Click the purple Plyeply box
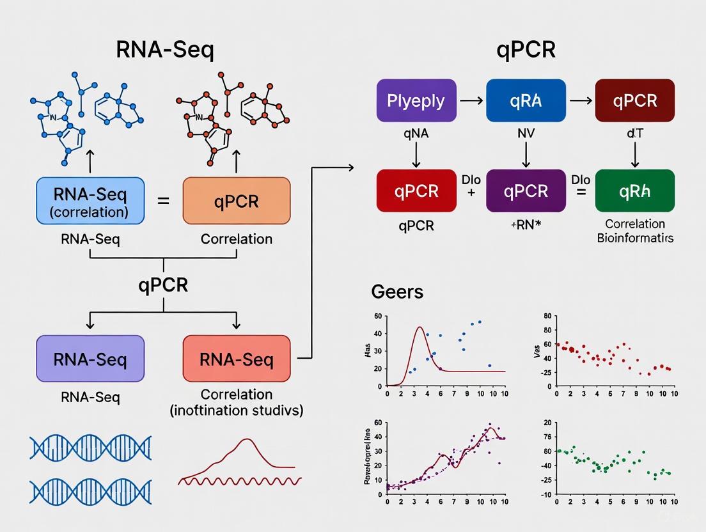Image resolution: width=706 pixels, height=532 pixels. (416, 100)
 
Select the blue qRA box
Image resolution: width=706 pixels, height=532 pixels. (526, 100)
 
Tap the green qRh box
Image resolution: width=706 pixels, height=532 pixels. (634, 191)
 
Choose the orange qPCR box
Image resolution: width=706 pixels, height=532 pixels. (237, 200)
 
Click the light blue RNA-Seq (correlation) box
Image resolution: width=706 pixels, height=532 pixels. (90, 200)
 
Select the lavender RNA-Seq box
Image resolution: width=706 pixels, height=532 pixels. (90, 359)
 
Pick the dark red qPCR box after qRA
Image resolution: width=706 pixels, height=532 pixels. (634, 100)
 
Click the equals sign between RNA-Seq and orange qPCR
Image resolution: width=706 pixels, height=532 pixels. (164, 201)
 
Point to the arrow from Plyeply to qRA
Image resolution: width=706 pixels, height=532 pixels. (472, 100)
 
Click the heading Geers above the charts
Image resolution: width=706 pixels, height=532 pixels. (397, 292)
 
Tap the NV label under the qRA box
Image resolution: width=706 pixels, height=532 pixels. (525, 135)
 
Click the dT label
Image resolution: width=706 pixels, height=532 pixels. (634, 135)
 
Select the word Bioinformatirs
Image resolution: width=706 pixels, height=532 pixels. (634, 238)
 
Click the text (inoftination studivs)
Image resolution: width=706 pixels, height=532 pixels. (237, 410)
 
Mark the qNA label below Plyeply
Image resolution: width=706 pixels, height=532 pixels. (416, 135)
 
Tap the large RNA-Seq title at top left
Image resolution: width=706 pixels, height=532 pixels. (165, 49)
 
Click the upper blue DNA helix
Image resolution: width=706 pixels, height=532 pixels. (90, 448)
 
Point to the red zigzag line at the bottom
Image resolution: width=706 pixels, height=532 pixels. (240, 480)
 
